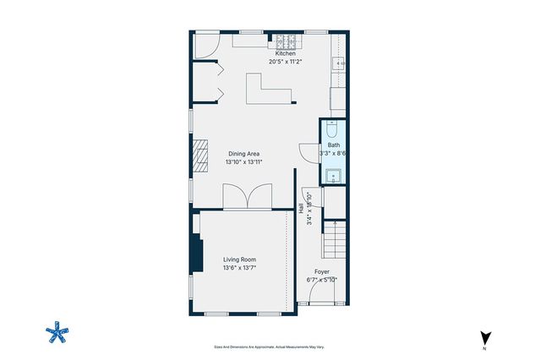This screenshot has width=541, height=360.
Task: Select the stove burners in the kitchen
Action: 286,39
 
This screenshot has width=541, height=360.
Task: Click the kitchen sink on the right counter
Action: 341,63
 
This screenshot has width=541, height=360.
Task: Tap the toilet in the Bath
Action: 332,132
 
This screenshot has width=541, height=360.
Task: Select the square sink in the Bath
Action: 332,177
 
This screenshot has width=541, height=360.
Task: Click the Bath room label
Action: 334,145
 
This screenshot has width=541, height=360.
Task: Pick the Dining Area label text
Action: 243,153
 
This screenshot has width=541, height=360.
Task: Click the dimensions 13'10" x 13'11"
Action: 243,161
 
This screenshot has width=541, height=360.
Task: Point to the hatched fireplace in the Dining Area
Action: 198,156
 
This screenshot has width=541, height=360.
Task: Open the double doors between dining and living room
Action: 246,197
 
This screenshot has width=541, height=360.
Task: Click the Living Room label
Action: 239,259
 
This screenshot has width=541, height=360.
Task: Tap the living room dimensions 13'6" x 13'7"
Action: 239,268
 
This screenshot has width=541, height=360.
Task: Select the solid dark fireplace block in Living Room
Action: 196,254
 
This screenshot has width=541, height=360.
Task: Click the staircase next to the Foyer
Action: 336,238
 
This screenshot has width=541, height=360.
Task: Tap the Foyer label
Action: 322,271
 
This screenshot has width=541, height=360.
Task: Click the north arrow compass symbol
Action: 484,337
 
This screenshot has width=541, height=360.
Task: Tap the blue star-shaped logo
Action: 57,331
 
